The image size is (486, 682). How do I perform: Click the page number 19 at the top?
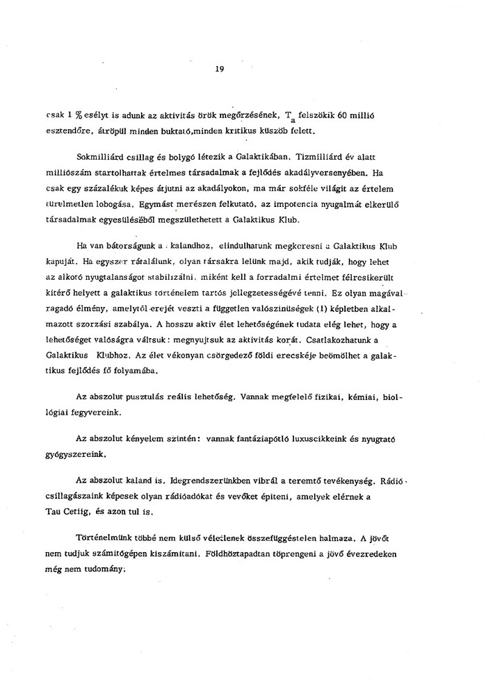click(220, 69)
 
